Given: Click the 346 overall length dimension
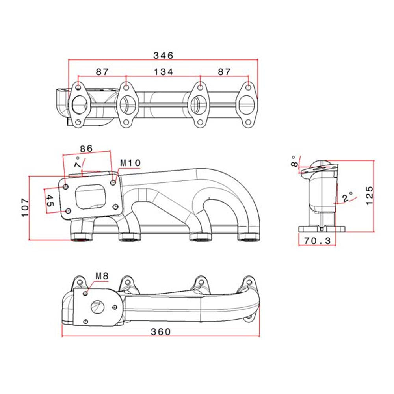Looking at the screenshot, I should (163, 56).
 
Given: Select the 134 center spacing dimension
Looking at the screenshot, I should (163, 72).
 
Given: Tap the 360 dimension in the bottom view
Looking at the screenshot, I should (161, 332).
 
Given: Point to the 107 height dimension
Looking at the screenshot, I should (24, 207).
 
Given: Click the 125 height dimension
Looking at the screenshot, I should (369, 195).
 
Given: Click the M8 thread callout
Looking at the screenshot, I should (102, 276).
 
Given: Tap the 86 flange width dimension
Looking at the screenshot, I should (86, 149).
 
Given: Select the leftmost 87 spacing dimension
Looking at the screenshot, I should (102, 72).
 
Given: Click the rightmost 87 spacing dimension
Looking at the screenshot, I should (224, 72).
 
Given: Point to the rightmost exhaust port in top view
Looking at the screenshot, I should (247, 105).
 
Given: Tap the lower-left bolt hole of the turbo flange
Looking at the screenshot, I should (67, 212).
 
